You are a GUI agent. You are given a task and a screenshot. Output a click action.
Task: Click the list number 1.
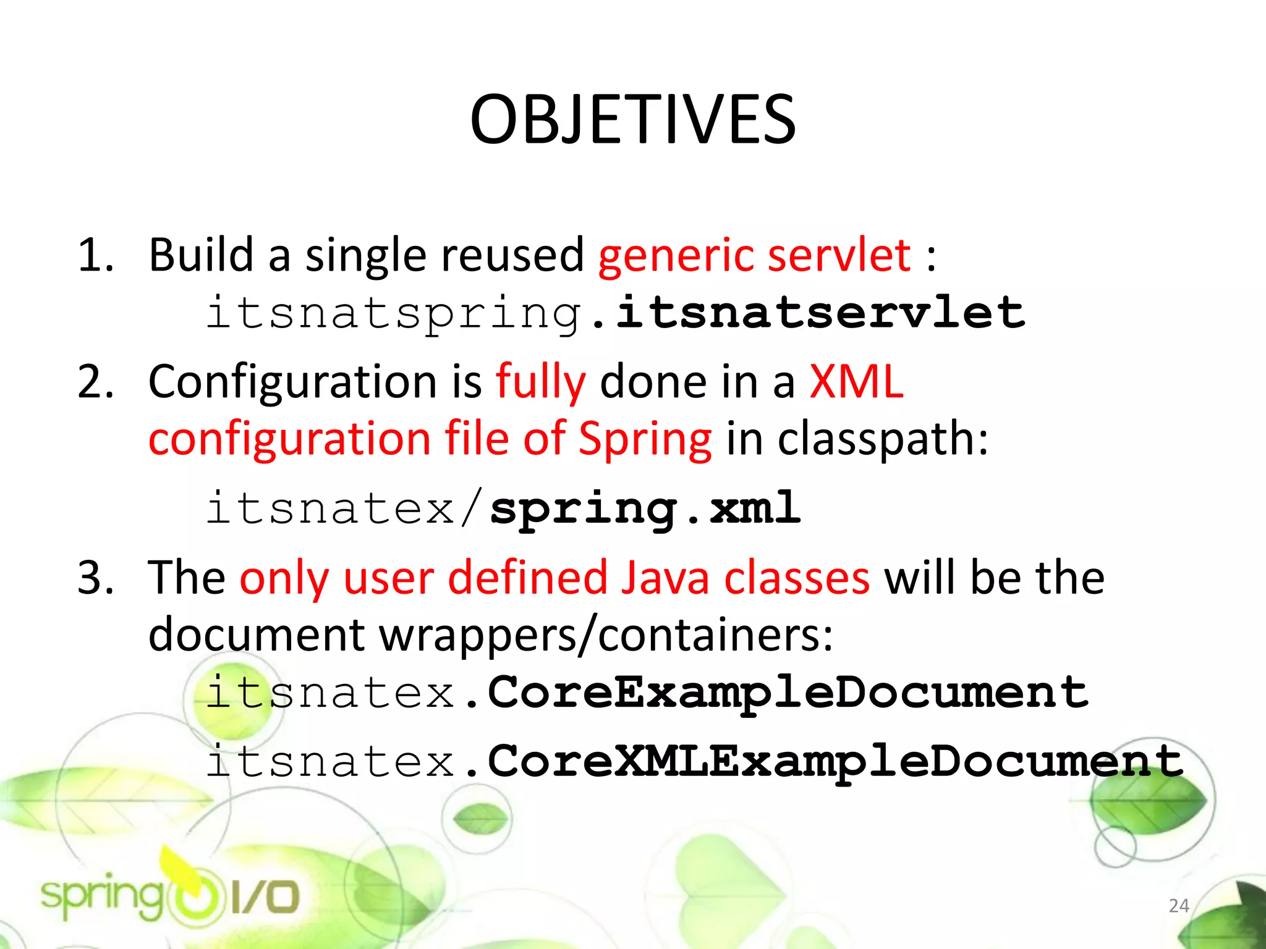pyautogui.click(x=96, y=255)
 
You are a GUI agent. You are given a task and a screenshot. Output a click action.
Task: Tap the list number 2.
pyautogui.click(x=96, y=382)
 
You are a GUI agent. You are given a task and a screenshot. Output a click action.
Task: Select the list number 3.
pyautogui.click(x=96, y=578)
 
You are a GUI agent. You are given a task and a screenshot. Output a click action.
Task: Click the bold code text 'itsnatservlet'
pyautogui.click(x=821, y=312)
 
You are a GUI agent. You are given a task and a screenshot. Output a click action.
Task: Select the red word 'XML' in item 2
pyautogui.click(x=856, y=382)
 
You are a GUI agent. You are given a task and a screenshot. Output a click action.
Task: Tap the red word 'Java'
pyautogui.click(x=665, y=578)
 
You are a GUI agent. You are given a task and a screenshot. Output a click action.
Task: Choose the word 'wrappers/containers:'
pyautogui.click(x=606, y=635)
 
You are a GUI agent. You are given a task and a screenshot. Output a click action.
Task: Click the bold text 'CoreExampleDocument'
pyautogui.click(x=788, y=693)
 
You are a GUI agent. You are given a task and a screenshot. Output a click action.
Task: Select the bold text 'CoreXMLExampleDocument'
pyautogui.click(x=835, y=761)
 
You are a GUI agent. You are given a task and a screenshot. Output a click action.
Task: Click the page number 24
pyautogui.click(x=1179, y=906)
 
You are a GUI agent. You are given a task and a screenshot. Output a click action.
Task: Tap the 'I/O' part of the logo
pyautogui.click(x=266, y=898)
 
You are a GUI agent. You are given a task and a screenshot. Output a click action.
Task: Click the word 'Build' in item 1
pyautogui.click(x=202, y=255)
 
